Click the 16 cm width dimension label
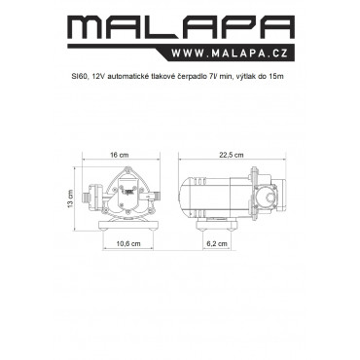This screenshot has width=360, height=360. pos(120,155)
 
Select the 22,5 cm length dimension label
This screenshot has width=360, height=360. pos(231,155)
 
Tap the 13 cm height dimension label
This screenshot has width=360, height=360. pos(71,199)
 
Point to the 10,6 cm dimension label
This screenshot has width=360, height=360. pos(128,243)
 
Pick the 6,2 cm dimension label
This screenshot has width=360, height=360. pos(217,243)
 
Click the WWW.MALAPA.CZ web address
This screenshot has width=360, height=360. pos(230,53)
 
